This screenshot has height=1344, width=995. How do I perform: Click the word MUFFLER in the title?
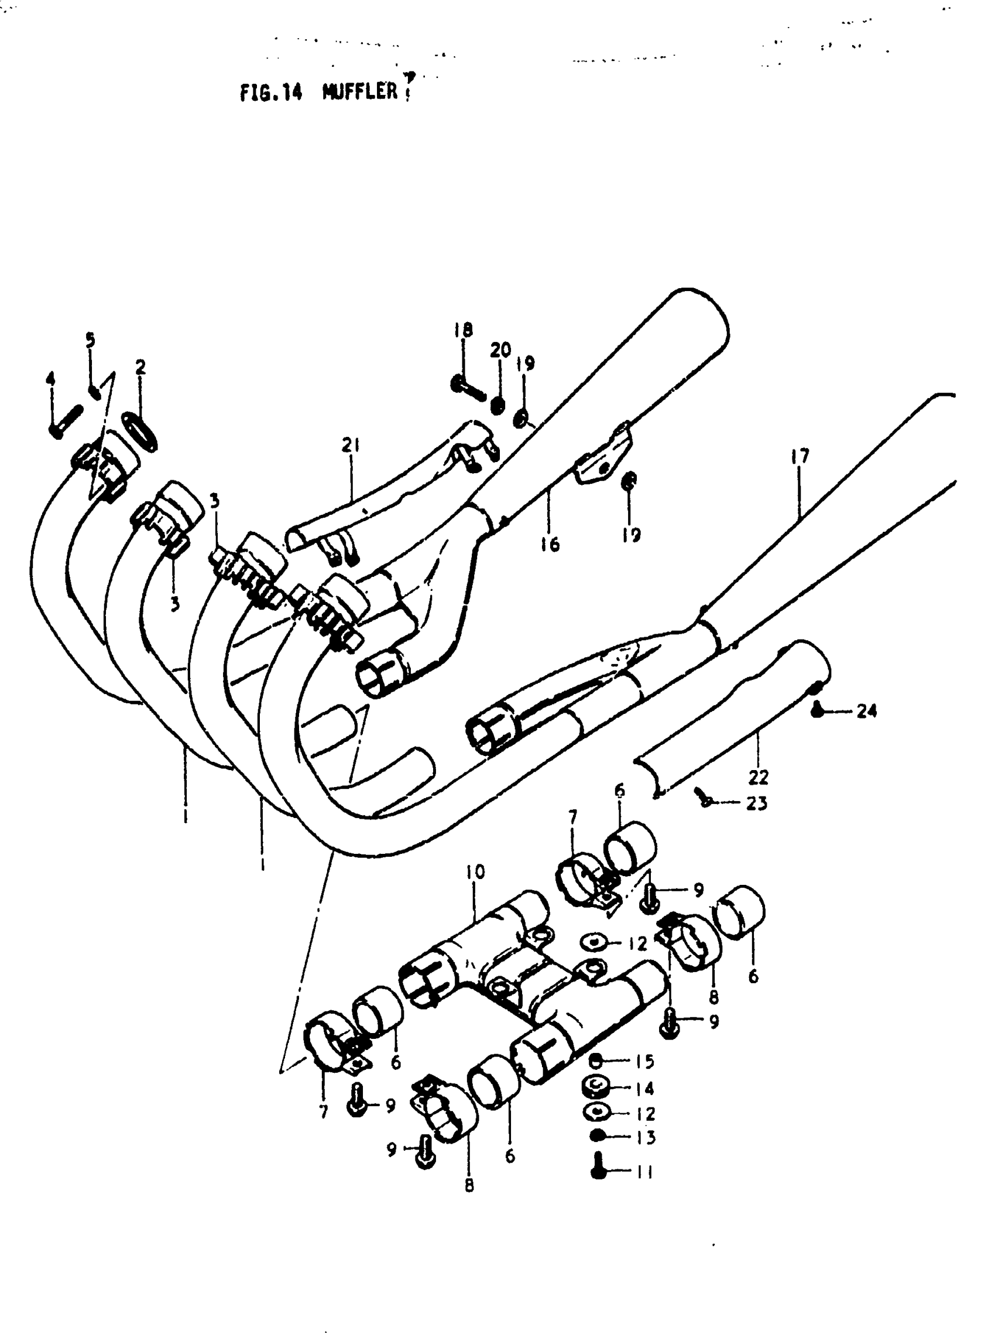360,91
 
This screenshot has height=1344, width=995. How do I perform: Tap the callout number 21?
351,446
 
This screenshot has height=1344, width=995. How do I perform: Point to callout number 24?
867,712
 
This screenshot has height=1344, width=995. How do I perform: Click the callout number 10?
475,871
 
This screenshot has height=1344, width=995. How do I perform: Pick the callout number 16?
550,544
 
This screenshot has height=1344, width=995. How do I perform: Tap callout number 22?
759,778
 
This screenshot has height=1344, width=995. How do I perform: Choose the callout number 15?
645,1061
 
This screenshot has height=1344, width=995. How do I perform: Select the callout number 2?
140,367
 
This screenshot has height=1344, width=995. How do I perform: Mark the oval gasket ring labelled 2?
140,431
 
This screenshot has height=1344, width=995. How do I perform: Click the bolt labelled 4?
65,422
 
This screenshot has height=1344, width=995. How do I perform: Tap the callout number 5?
90,340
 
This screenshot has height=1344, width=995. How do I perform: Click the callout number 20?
500,350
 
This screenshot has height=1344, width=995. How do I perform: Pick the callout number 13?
645,1137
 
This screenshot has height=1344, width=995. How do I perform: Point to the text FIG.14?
271,92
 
